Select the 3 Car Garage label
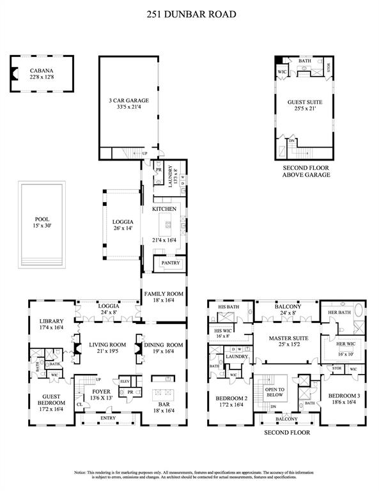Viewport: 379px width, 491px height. tap(129, 101)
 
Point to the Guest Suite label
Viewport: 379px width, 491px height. tap(306, 102)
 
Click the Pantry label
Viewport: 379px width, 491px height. tap(171, 263)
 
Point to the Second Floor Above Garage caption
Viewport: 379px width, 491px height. tap(306, 171)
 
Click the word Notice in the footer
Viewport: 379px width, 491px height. tap(82, 472)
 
